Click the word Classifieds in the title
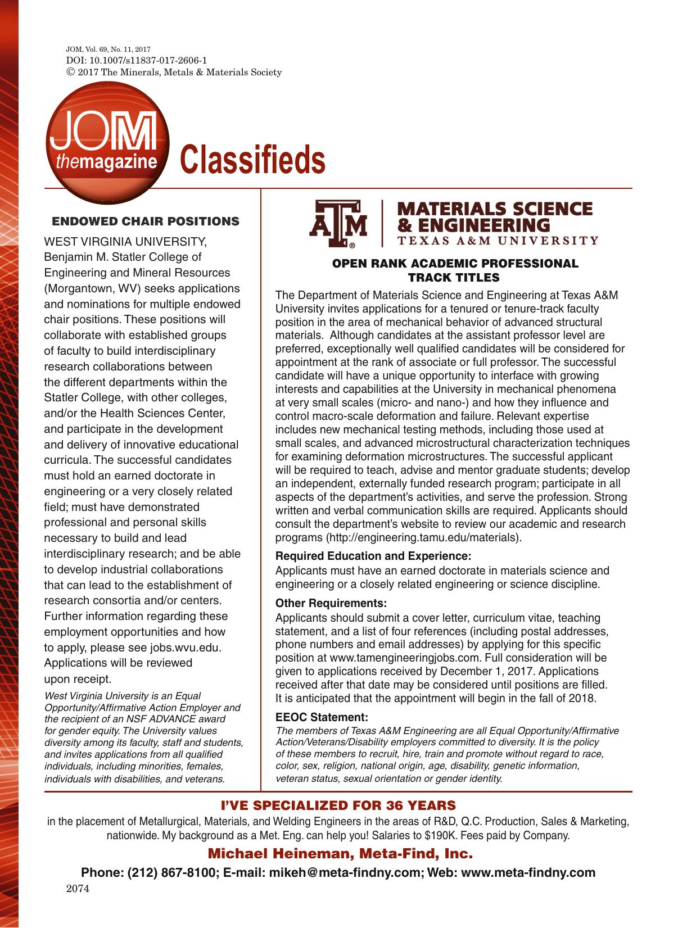click(x=252, y=160)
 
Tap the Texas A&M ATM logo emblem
click(x=338, y=225)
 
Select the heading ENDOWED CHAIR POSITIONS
click(x=146, y=221)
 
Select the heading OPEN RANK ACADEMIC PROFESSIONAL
click(x=455, y=264)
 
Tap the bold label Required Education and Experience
click(x=373, y=556)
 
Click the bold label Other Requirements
click(x=331, y=604)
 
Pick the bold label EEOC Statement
click(x=322, y=717)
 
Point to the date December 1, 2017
click(x=491, y=671)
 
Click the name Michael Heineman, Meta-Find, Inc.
click(x=340, y=854)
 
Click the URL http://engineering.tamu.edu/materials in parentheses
click(x=422, y=537)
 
